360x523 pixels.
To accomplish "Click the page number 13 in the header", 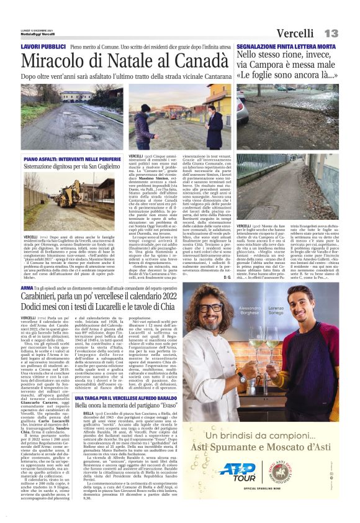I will point(331,33).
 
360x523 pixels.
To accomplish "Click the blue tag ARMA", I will point(27,289).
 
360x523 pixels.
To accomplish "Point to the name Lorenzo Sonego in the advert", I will point(294,309).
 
